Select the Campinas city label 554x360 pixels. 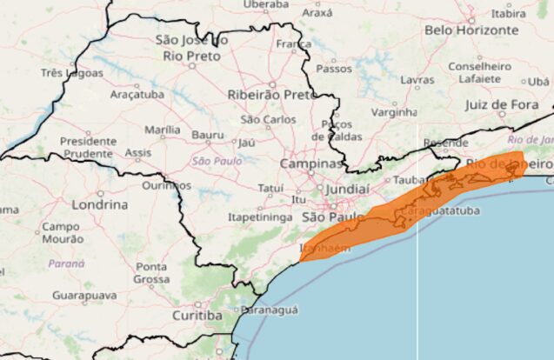pyautogui.click(x=311, y=163)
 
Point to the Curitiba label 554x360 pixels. pyautogui.click(x=197, y=316)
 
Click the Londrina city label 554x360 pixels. pyautogui.click(x=97, y=204)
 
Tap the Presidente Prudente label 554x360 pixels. pyautogui.click(x=88, y=148)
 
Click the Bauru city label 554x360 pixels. pyautogui.click(x=208, y=135)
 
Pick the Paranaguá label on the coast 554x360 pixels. pyautogui.click(x=270, y=309)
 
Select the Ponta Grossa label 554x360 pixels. pyautogui.click(x=152, y=273)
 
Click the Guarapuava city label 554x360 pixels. pyautogui.click(x=83, y=296)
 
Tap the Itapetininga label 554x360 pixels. pyautogui.click(x=258, y=217)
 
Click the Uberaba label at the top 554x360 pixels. pyautogui.click(x=266, y=4)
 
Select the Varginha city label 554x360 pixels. pyautogui.click(x=394, y=112)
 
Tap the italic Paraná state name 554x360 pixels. pyautogui.click(x=66, y=263)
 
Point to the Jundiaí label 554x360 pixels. pyautogui.click(x=347, y=188)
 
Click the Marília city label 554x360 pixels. pyautogui.click(x=163, y=130)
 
